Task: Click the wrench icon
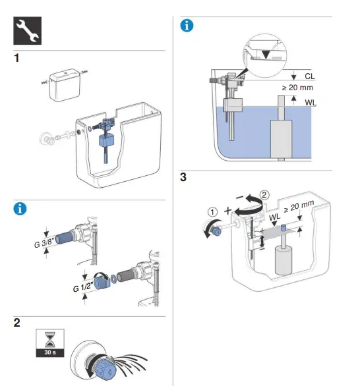pos(27,31)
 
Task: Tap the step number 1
pos(16,59)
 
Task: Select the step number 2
pos(16,323)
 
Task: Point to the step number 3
pos(183,177)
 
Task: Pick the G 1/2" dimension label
pos(83,287)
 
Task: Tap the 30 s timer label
pos(50,352)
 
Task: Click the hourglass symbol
pos(50,339)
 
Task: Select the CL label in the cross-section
pos(310,76)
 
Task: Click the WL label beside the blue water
pos(311,103)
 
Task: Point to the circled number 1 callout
pos(212,212)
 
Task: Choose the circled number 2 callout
pos(264,195)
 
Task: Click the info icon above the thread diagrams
pos(20,209)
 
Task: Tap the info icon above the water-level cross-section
pos(187,26)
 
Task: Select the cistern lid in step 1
pos(65,85)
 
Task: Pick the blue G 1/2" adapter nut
pos(102,283)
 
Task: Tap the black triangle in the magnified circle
pos(266,55)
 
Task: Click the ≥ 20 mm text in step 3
pos(299,206)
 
